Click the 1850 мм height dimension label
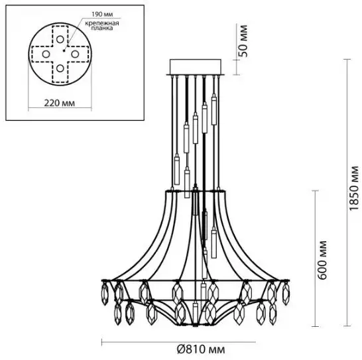point(354,188)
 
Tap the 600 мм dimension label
point(322,260)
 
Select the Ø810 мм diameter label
point(201,349)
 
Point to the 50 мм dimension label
point(243,41)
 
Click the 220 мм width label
point(60,103)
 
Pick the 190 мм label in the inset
point(102,15)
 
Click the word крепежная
point(102,23)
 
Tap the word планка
point(102,28)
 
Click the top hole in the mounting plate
point(60,40)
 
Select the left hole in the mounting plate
point(46,54)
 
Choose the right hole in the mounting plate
point(75,54)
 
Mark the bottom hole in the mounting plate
point(60,68)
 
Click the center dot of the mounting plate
point(64,50)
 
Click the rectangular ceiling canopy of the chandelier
point(196,67)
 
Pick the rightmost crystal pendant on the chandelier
point(286,293)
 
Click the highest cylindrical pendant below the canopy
point(214,111)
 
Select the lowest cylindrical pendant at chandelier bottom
point(196,314)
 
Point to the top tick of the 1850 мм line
point(347,60)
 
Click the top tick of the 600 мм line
point(315,191)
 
